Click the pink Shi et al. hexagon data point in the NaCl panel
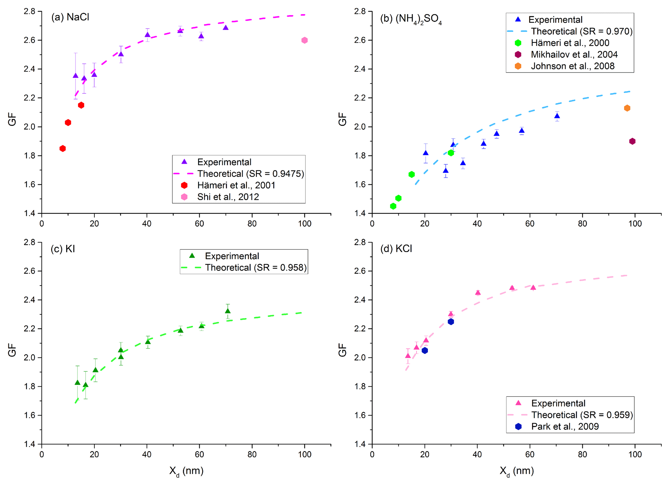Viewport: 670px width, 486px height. pyautogui.click(x=304, y=40)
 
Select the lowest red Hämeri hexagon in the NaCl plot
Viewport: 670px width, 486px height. pyautogui.click(x=63, y=148)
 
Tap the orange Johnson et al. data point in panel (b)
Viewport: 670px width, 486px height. pyautogui.click(x=627, y=108)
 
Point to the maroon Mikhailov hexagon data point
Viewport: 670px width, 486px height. pyautogui.click(x=632, y=141)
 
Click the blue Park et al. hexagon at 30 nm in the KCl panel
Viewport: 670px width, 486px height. pyautogui.click(x=451, y=322)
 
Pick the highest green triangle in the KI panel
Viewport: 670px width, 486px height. pyautogui.click(x=228, y=311)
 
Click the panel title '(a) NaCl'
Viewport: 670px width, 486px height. pyautogui.click(x=70, y=17)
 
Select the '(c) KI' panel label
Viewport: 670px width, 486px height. pyautogui.click(x=63, y=249)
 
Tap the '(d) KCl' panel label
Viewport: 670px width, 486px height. pyautogui.click(x=396, y=249)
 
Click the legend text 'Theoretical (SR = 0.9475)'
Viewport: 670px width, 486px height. pyautogui.click(x=251, y=174)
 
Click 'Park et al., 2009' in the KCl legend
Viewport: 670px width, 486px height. pyautogui.click(x=565, y=426)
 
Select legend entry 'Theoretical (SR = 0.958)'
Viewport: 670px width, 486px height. pyautogui.click(x=256, y=268)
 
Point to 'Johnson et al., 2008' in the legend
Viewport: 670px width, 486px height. pyautogui.click(x=572, y=66)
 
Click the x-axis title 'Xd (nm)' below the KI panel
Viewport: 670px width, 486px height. pyautogui.click(x=186, y=471)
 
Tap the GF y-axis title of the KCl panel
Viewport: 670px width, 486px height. pyautogui.click(x=342, y=350)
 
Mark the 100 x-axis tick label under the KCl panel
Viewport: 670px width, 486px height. pyautogui.click(x=635, y=454)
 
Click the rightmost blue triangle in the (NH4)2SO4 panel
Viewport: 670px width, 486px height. pyautogui.click(x=557, y=116)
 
